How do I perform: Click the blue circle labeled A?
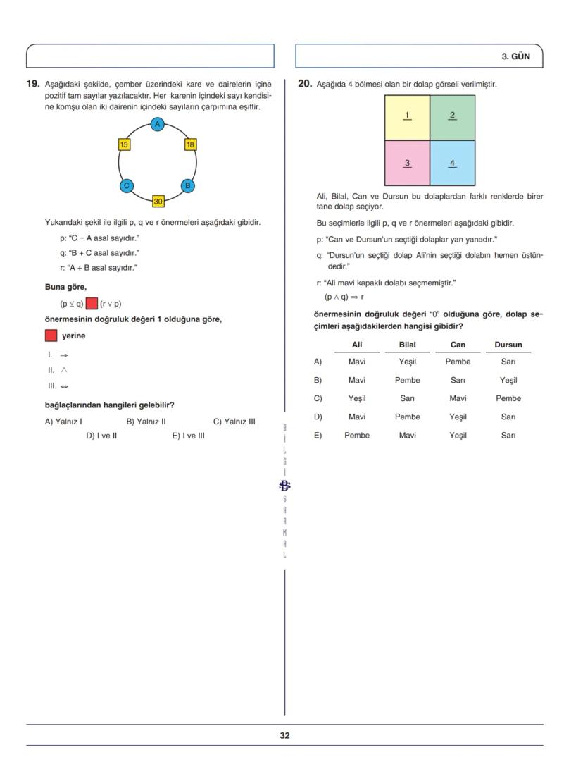pyautogui.click(x=158, y=125)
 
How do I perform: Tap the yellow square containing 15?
pyautogui.click(x=124, y=144)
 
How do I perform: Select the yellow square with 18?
pyautogui.click(x=190, y=144)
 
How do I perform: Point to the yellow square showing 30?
pyautogui.click(x=158, y=202)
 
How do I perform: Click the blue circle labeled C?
pyautogui.click(x=127, y=186)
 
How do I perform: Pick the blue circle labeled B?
pyautogui.click(x=188, y=186)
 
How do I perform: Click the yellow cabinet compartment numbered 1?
pyautogui.click(x=407, y=117)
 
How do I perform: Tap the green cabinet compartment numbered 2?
pyautogui.click(x=452, y=117)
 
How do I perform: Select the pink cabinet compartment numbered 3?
pyautogui.click(x=407, y=163)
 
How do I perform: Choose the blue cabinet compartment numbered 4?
pyautogui.click(x=452, y=163)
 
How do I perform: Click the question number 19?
pyautogui.click(x=32, y=84)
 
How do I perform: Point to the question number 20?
pyautogui.click(x=304, y=84)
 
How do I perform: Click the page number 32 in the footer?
pyautogui.click(x=284, y=735)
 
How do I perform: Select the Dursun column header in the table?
pyautogui.click(x=508, y=345)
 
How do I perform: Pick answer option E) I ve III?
pyautogui.click(x=188, y=436)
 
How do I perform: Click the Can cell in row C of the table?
pyautogui.click(x=458, y=398)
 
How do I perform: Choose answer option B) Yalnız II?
pyautogui.click(x=146, y=422)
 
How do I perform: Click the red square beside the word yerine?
pyautogui.click(x=51, y=336)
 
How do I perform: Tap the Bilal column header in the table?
pyautogui.click(x=407, y=345)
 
